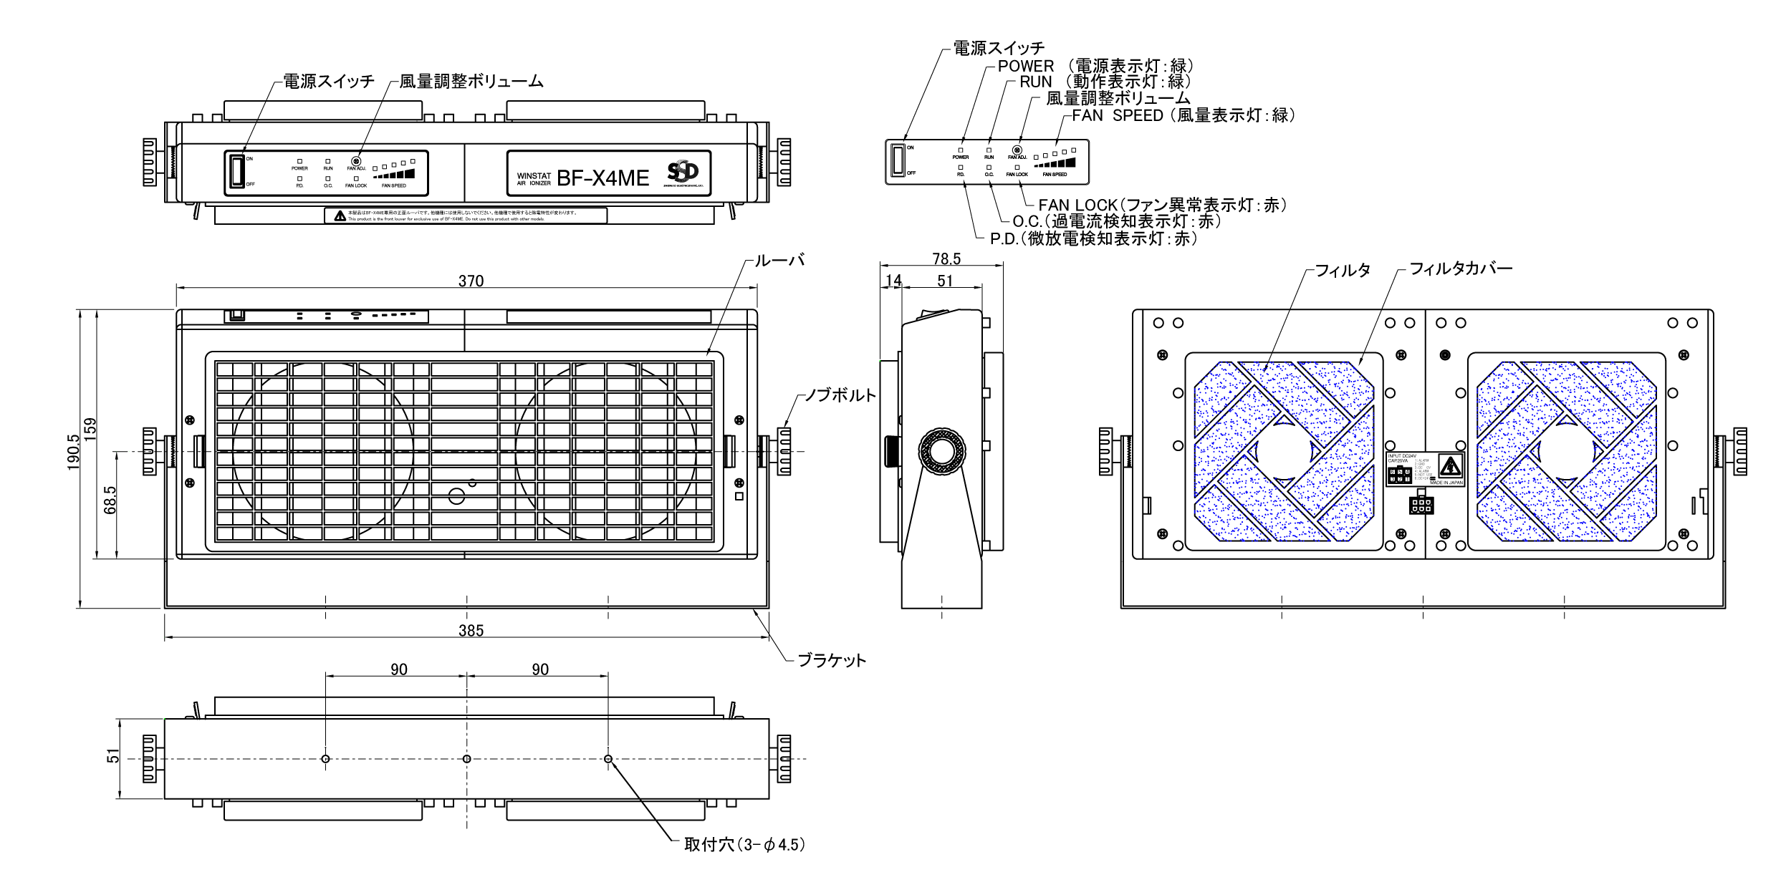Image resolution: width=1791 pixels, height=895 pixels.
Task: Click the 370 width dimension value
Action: (471, 281)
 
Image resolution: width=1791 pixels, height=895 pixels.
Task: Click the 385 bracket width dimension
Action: (471, 631)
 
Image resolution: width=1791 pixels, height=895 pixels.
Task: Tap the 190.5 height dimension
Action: (73, 452)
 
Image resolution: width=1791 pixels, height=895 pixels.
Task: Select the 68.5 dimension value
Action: (110, 500)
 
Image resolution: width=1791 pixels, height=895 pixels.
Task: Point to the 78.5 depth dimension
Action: (946, 258)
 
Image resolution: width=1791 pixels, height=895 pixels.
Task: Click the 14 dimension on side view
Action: (893, 280)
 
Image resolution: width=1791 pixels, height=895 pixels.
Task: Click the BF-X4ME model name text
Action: (602, 178)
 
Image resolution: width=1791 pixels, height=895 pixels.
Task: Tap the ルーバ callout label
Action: (779, 260)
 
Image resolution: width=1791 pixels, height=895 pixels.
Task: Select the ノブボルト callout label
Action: (840, 395)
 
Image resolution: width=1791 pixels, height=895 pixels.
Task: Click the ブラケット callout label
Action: (831, 660)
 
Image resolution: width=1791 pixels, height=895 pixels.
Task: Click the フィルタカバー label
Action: (1461, 268)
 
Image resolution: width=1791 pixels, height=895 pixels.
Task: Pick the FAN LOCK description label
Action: (1161, 205)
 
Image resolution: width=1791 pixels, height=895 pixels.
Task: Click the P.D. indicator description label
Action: (1093, 238)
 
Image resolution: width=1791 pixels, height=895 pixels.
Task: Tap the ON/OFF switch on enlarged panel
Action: (898, 160)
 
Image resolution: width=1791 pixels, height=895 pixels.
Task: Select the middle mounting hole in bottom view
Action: (467, 759)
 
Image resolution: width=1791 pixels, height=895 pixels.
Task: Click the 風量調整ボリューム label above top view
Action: (471, 82)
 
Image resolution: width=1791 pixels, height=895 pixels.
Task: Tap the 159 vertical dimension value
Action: (90, 430)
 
